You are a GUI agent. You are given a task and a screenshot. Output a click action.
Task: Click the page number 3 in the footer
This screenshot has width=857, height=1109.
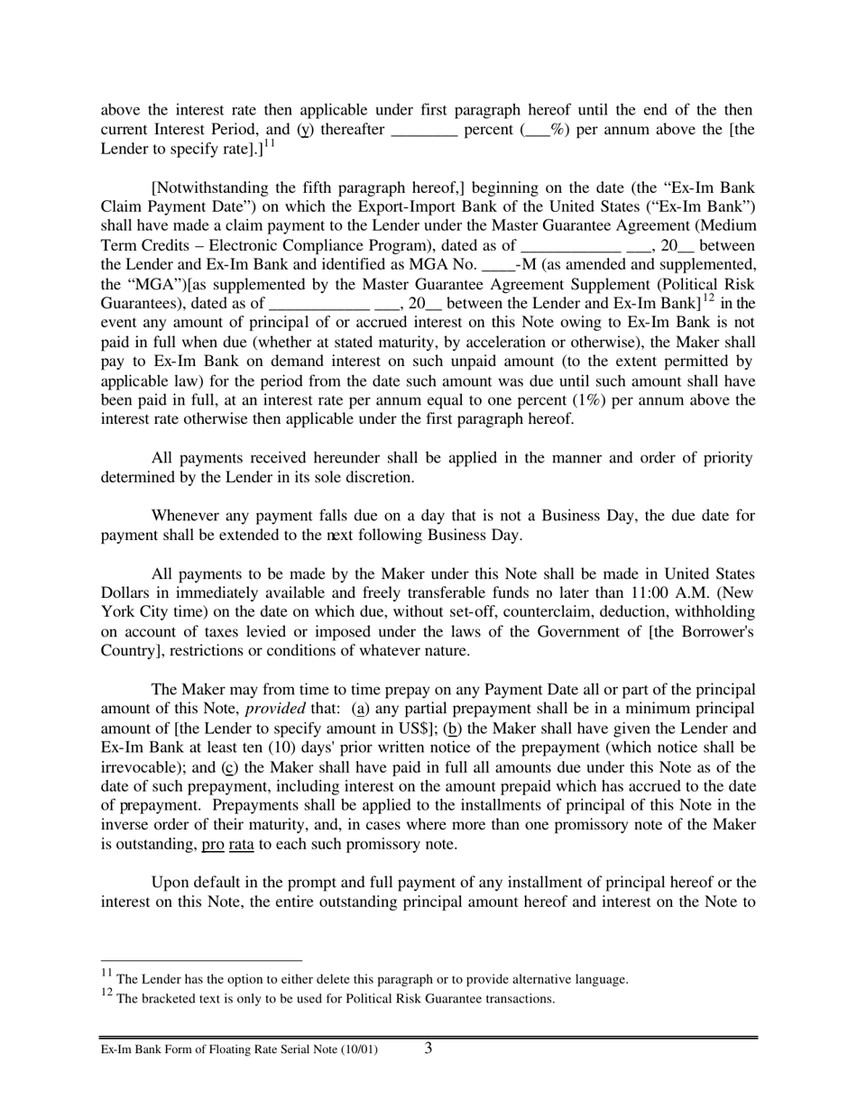[428, 1048]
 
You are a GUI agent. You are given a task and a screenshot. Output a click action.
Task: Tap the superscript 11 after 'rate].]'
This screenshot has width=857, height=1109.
[269, 143]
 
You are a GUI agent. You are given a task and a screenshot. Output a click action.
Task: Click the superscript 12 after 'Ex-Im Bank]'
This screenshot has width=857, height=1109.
[708, 298]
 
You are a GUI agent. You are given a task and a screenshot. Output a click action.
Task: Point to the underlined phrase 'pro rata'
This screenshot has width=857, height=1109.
[227, 844]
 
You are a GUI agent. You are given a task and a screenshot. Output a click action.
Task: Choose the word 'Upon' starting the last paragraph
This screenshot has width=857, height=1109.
[169, 882]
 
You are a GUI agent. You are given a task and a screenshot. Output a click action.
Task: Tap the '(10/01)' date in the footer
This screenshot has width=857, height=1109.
[358, 1050]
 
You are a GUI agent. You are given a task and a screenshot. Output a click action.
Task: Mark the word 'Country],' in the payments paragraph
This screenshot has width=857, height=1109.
[131, 651]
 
